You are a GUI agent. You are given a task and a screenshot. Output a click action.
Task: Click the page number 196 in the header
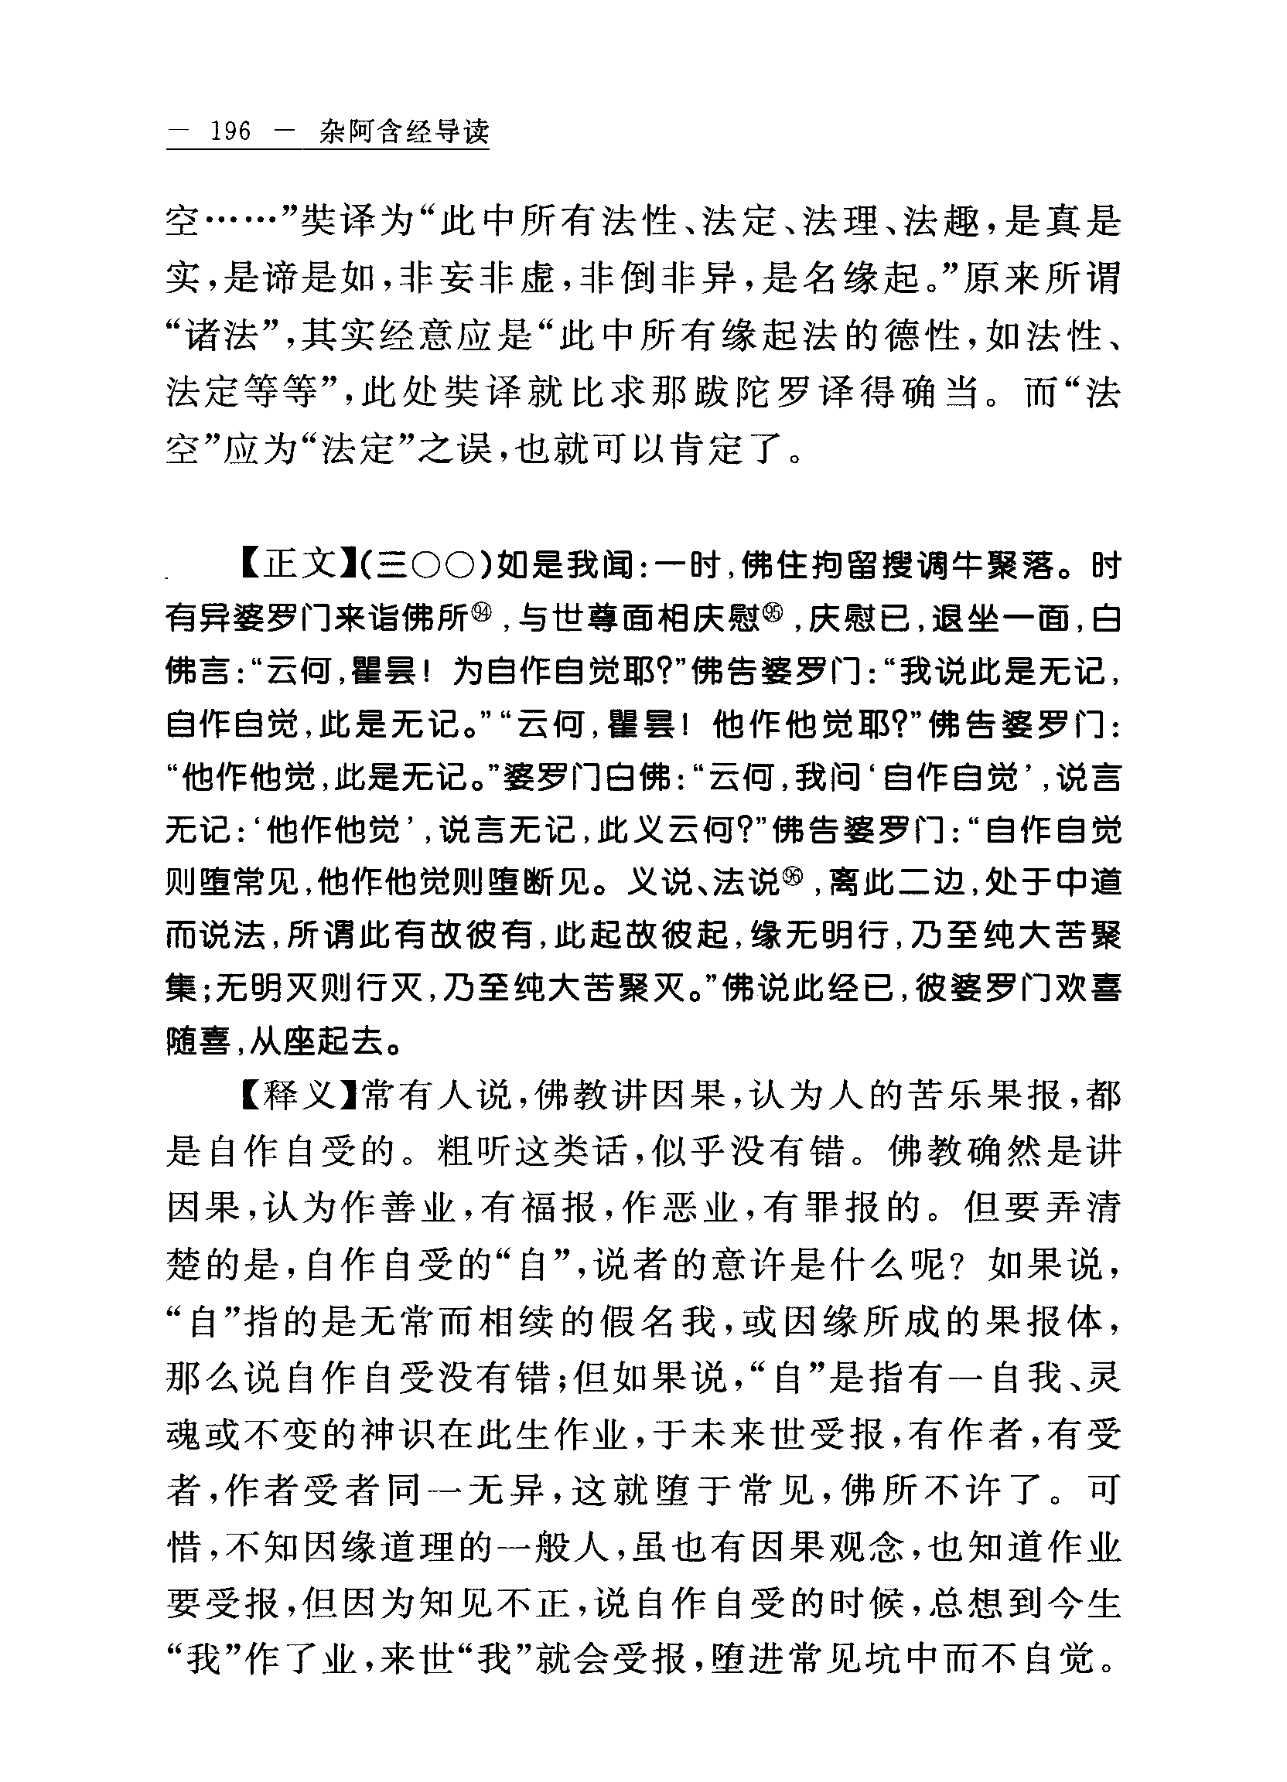(230, 131)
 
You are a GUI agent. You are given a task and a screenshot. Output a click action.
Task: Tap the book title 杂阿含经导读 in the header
(404, 131)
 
